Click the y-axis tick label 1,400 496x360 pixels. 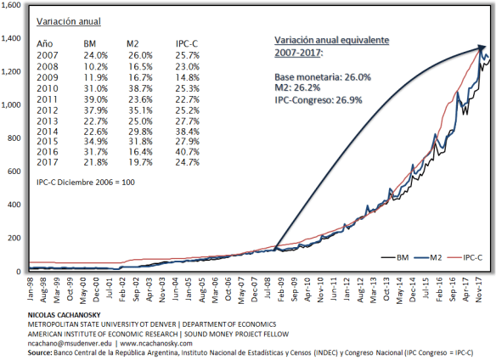click(14, 39)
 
